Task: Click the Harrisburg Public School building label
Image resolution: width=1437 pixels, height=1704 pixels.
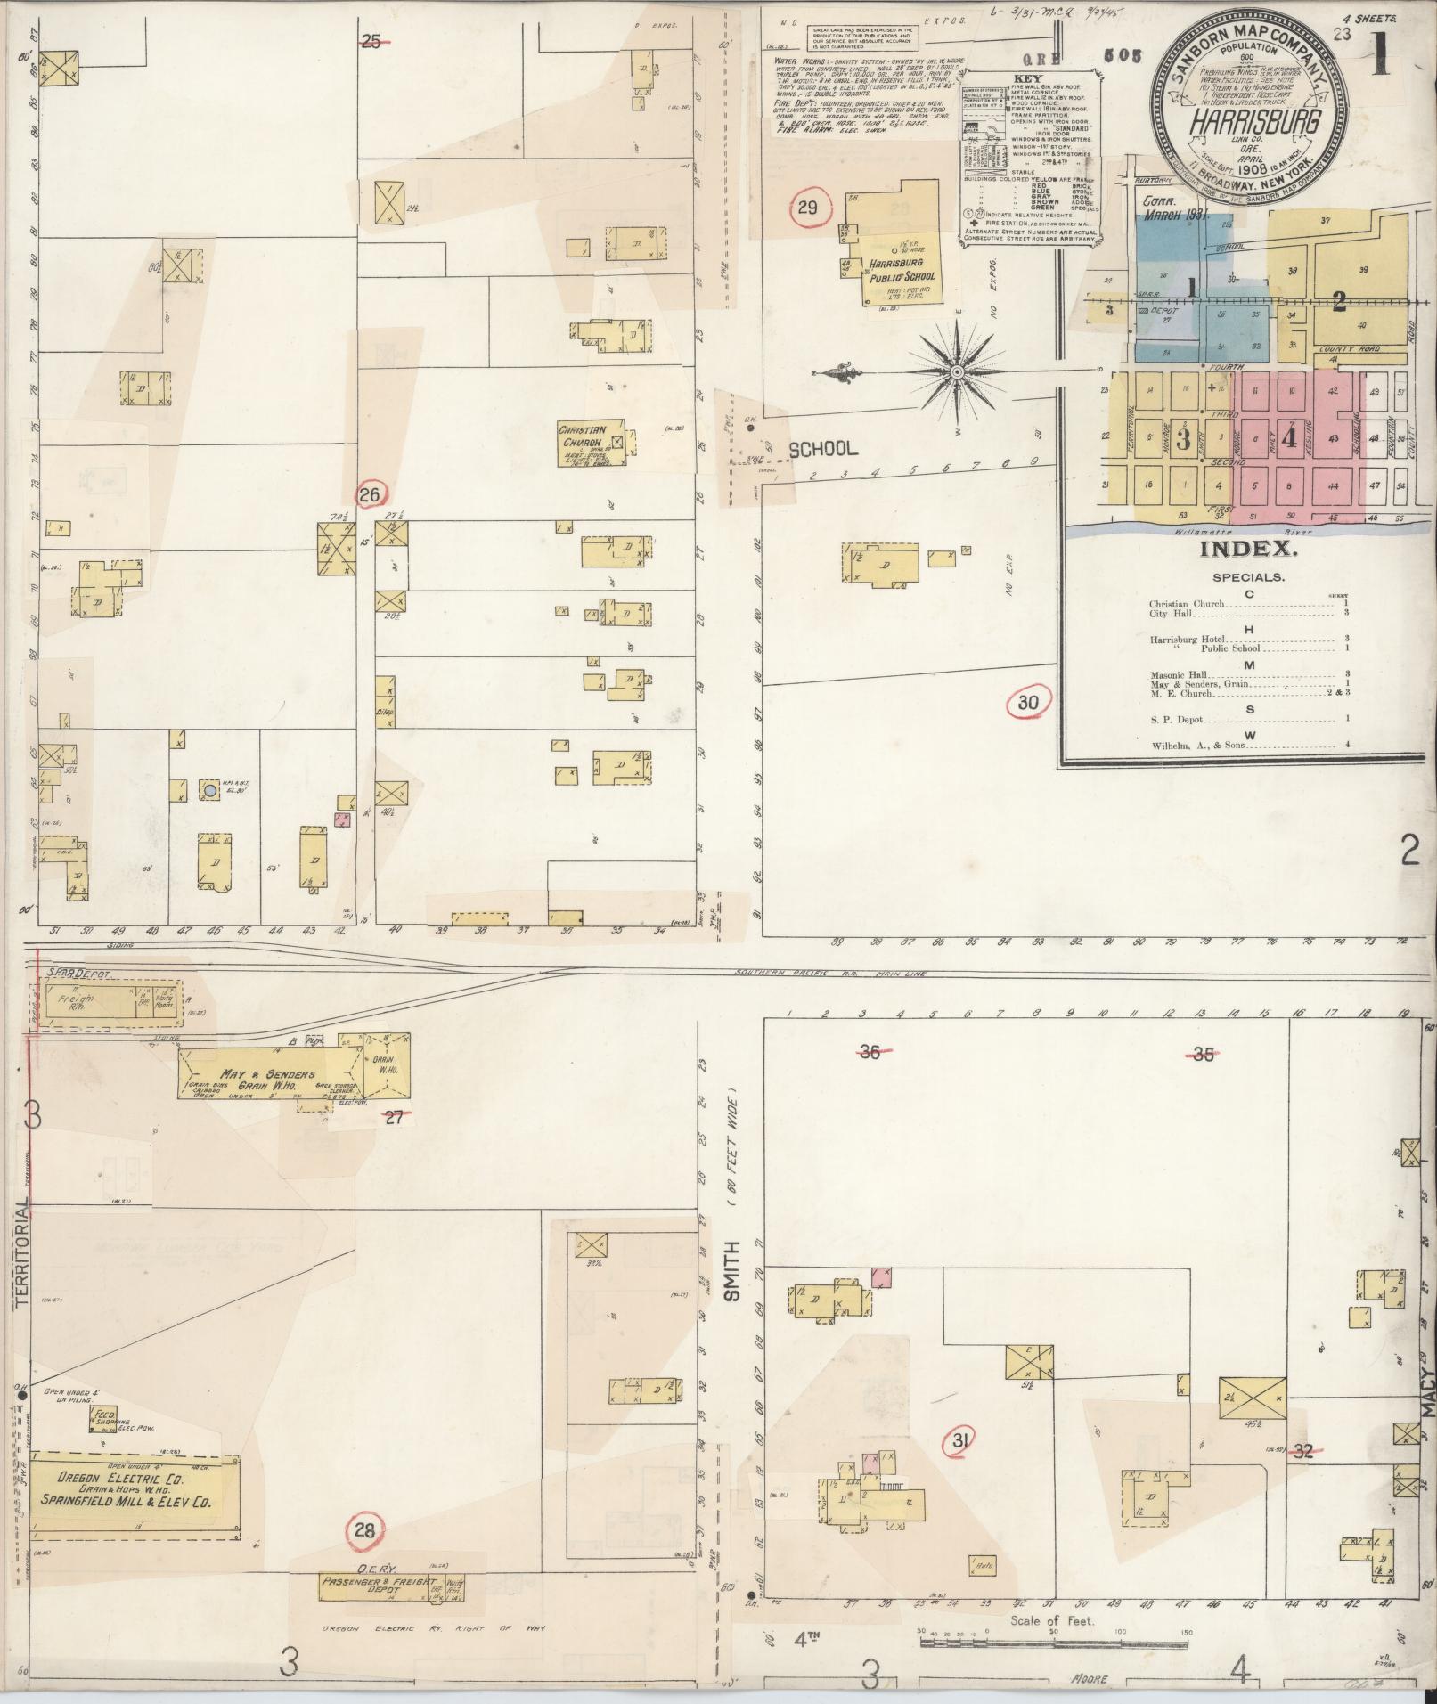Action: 892,277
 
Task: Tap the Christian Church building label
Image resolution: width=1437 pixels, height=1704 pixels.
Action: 583,436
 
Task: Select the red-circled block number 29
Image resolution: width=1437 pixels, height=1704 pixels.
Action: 809,208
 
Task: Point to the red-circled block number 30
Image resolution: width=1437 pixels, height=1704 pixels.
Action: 1028,703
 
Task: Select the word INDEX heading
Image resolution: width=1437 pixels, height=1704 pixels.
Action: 1241,549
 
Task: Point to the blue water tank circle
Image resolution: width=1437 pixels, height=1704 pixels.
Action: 209,790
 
